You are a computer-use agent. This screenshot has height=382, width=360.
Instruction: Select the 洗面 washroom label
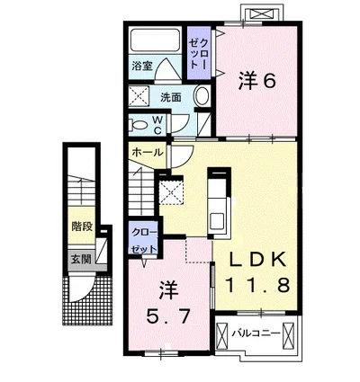pyautogui.click(x=172, y=95)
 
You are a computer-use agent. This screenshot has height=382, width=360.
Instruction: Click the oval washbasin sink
pyautogui.click(x=201, y=96)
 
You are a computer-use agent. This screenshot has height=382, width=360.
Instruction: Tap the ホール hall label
pyautogui.click(x=146, y=152)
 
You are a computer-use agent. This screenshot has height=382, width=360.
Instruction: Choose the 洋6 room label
pyautogui.click(x=256, y=81)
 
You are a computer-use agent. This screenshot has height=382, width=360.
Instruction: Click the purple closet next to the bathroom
pyautogui.click(x=198, y=50)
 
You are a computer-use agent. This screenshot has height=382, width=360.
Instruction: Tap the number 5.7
pyautogui.click(x=168, y=315)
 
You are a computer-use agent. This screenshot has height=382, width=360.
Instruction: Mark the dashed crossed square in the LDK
pyautogui.click(x=171, y=191)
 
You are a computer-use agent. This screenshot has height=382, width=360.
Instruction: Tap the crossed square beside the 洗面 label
pyautogui.click(x=139, y=96)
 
